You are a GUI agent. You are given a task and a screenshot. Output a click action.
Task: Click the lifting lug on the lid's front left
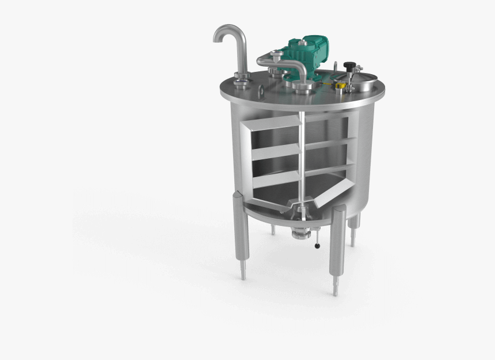click(261, 90)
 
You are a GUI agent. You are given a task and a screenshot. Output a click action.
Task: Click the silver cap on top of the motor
click(276, 55)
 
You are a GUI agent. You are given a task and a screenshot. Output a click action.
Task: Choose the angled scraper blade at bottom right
click(334, 193)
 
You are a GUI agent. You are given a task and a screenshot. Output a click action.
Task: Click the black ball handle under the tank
click(317, 246)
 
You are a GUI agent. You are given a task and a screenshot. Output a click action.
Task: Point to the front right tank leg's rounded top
click(338, 210)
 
